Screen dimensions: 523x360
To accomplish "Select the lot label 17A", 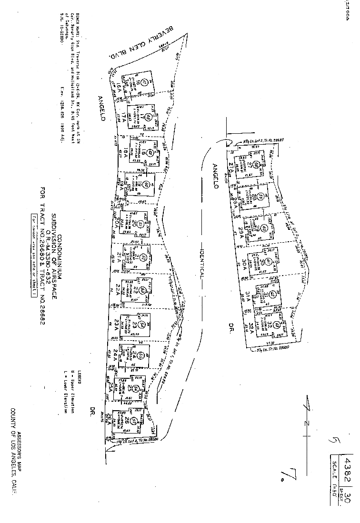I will (123, 116).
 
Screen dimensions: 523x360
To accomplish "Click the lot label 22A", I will (116, 290).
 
